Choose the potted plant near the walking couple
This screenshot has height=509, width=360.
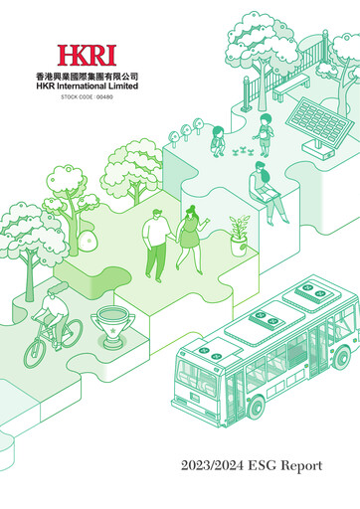point(237,234)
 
